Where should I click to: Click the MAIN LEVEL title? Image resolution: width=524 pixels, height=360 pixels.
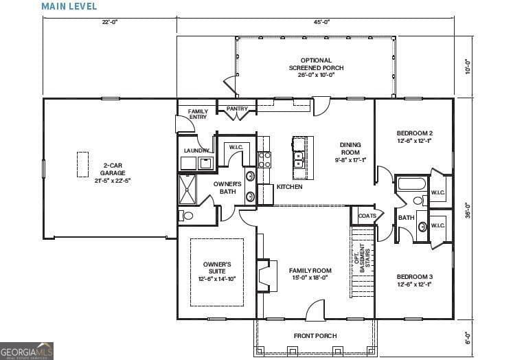click(x=69, y=7)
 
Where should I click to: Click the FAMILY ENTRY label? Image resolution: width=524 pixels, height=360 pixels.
click(x=198, y=114)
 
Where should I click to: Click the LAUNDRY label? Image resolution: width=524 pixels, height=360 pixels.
click(x=196, y=150)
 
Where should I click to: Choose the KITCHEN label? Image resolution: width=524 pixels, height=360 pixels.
click(x=289, y=187)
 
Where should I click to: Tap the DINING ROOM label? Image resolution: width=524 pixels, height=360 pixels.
click(x=350, y=152)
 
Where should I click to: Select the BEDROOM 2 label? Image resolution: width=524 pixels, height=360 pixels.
click(x=414, y=136)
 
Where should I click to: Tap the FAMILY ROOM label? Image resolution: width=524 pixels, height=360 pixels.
click(x=310, y=273)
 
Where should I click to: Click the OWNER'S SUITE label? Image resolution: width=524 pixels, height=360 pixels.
click(x=216, y=271)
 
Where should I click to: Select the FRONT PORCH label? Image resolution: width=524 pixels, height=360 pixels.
click(x=315, y=337)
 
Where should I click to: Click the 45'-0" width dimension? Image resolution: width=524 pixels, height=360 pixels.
click(x=321, y=22)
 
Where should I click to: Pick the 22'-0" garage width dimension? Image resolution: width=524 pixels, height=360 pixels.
click(x=110, y=22)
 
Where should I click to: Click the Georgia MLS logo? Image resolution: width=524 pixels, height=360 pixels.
click(x=27, y=350)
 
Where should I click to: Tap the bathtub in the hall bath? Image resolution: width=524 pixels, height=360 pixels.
click(x=411, y=184)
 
